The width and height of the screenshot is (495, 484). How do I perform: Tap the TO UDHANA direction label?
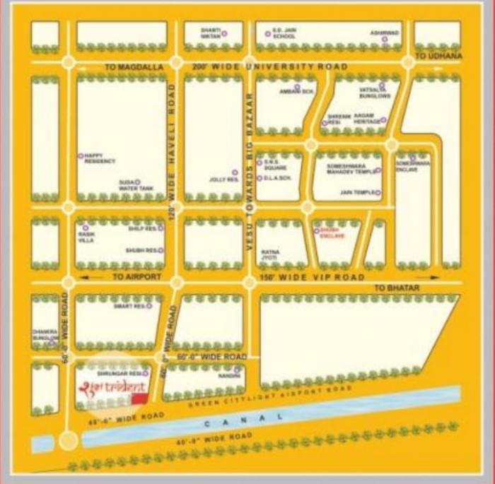click(438, 56)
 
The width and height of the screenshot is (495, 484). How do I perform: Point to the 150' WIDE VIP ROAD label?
click(313, 278)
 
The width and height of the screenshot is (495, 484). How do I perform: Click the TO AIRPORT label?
click(137, 277)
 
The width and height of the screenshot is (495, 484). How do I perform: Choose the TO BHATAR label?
click(397, 288)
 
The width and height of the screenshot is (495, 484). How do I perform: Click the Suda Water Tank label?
click(134, 185)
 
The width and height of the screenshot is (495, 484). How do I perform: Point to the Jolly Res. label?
click(221, 179)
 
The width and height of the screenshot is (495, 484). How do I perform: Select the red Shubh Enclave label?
click(332, 233)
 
